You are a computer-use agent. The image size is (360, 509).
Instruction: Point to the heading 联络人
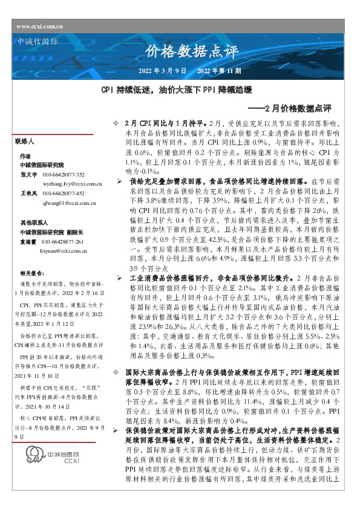pyautogui.click(x=25, y=141)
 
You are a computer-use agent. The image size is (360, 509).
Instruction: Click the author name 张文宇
pyautogui.click(x=28, y=173)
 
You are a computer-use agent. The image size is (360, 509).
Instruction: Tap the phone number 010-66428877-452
pyautogui.click(x=67, y=193)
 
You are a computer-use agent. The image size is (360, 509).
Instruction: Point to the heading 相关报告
pyautogui.click(x=32, y=273)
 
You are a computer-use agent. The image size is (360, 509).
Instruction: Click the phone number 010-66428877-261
pyautogui.click(x=67, y=241)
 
